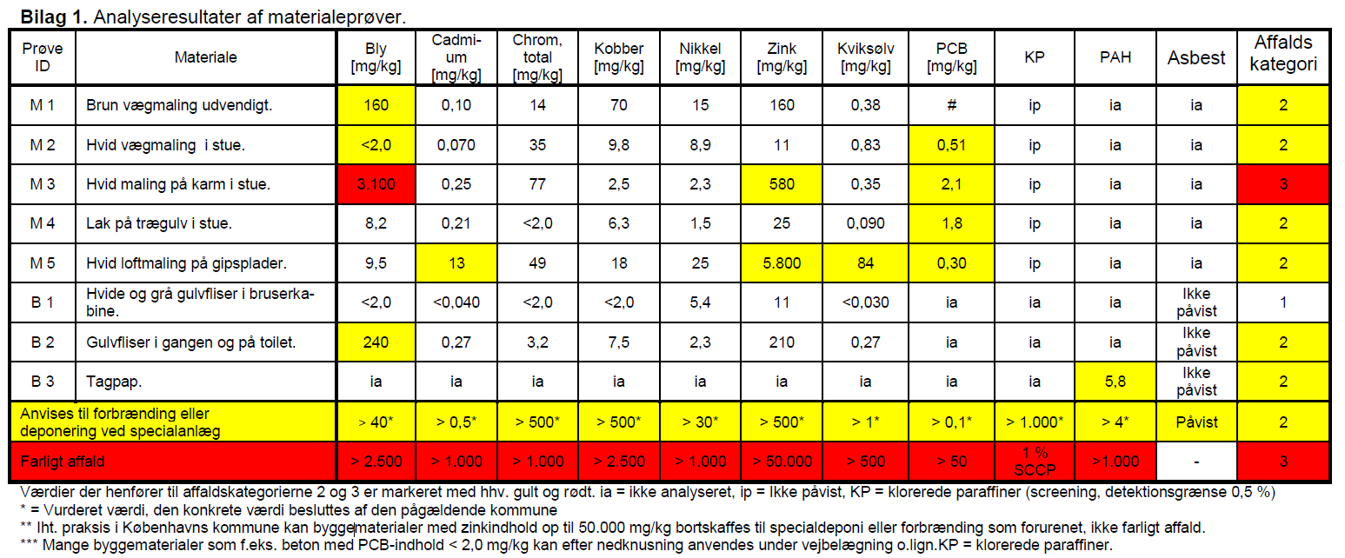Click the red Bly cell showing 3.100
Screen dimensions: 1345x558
[x=376, y=184]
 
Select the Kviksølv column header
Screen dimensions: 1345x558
[x=865, y=57]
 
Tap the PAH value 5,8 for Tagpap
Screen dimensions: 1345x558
[x=1115, y=382]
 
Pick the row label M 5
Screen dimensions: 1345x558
[x=42, y=263]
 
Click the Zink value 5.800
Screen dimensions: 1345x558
[x=782, y=263]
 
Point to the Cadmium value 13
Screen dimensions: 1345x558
[x=456, y=263]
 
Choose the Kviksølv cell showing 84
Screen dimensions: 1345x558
[x=865, y=263]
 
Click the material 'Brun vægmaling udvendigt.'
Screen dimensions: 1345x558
[x=179, y=105]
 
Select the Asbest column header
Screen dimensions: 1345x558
[x=1196, y=57]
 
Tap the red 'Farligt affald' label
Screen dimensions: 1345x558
[x=63, y=462]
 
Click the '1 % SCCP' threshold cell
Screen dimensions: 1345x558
[x=1035, y=461]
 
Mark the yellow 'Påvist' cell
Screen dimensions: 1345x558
[x=1196, y=422]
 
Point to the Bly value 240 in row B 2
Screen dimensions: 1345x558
[x=376, y=342]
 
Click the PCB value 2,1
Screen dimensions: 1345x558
[x=952, y=184]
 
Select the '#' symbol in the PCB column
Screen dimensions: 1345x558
[x=952, y=105]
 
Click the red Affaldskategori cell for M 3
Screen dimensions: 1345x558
[x=1283, y=184]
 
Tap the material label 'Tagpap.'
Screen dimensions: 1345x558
[x=114, y=382]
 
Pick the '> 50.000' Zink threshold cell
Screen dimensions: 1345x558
[x=782, y=461]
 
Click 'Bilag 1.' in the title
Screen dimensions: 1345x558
[x=54, y=17]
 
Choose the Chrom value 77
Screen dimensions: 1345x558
[x=537, y=184]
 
